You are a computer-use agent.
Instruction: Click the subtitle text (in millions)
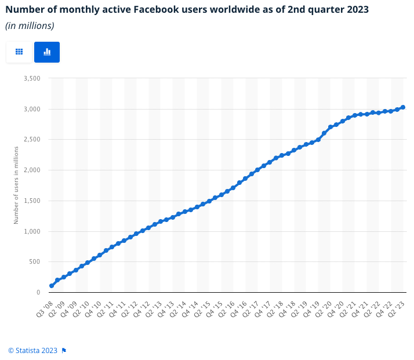click(x=30, y=26)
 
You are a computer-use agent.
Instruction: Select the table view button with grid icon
click(x=19, y=52)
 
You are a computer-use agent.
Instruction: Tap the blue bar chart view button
click(x=47, y=52)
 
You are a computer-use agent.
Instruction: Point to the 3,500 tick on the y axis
click(x=32, y=78)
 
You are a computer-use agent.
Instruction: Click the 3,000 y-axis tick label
click(x=32, y=109)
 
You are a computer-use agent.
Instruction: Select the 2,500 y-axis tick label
click(x=32, y=140)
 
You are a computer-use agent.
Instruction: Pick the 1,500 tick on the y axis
click(x=32, y=201)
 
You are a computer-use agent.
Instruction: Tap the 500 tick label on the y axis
click(x=35, y=262)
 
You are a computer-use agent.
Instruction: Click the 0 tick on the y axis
click(x=38, y=293)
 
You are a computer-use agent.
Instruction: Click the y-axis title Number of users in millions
click(x=16, y=185)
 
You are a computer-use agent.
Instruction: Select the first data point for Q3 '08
click(x=52, y=286)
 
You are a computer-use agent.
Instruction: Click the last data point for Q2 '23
click(x=403, y=107)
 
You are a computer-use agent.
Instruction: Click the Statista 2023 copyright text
click(x=32, y=350)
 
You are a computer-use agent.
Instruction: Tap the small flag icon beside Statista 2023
click(x=64, y=350)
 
